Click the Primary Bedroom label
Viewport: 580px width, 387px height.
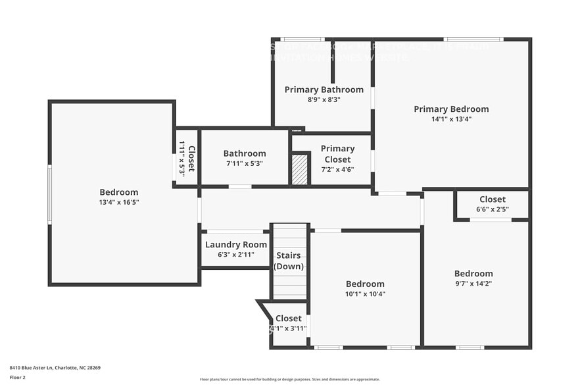coord(451,109)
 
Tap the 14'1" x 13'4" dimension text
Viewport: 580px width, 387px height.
coord(451,119)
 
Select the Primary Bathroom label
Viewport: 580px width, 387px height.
coord(324,90)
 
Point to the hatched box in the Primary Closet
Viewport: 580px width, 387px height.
coord(300,169)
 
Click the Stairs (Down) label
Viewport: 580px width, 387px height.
coord(289,261)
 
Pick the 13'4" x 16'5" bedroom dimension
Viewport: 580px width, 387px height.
coord(119,202)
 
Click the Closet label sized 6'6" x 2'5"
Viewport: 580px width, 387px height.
coord(493,199)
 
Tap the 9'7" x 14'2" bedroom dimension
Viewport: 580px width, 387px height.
coord(473,284)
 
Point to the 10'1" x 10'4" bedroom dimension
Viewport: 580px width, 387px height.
coord(365,294)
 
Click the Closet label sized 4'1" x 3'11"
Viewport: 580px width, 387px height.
coord(289,319)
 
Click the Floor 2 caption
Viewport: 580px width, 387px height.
coord(18,377)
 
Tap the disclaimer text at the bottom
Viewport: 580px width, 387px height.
coord(290,379)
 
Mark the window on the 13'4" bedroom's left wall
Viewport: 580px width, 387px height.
coord(49,194)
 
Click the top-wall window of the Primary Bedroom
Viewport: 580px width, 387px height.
coord(473,39)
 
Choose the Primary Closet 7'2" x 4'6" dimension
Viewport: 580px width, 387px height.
coord(337,169)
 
